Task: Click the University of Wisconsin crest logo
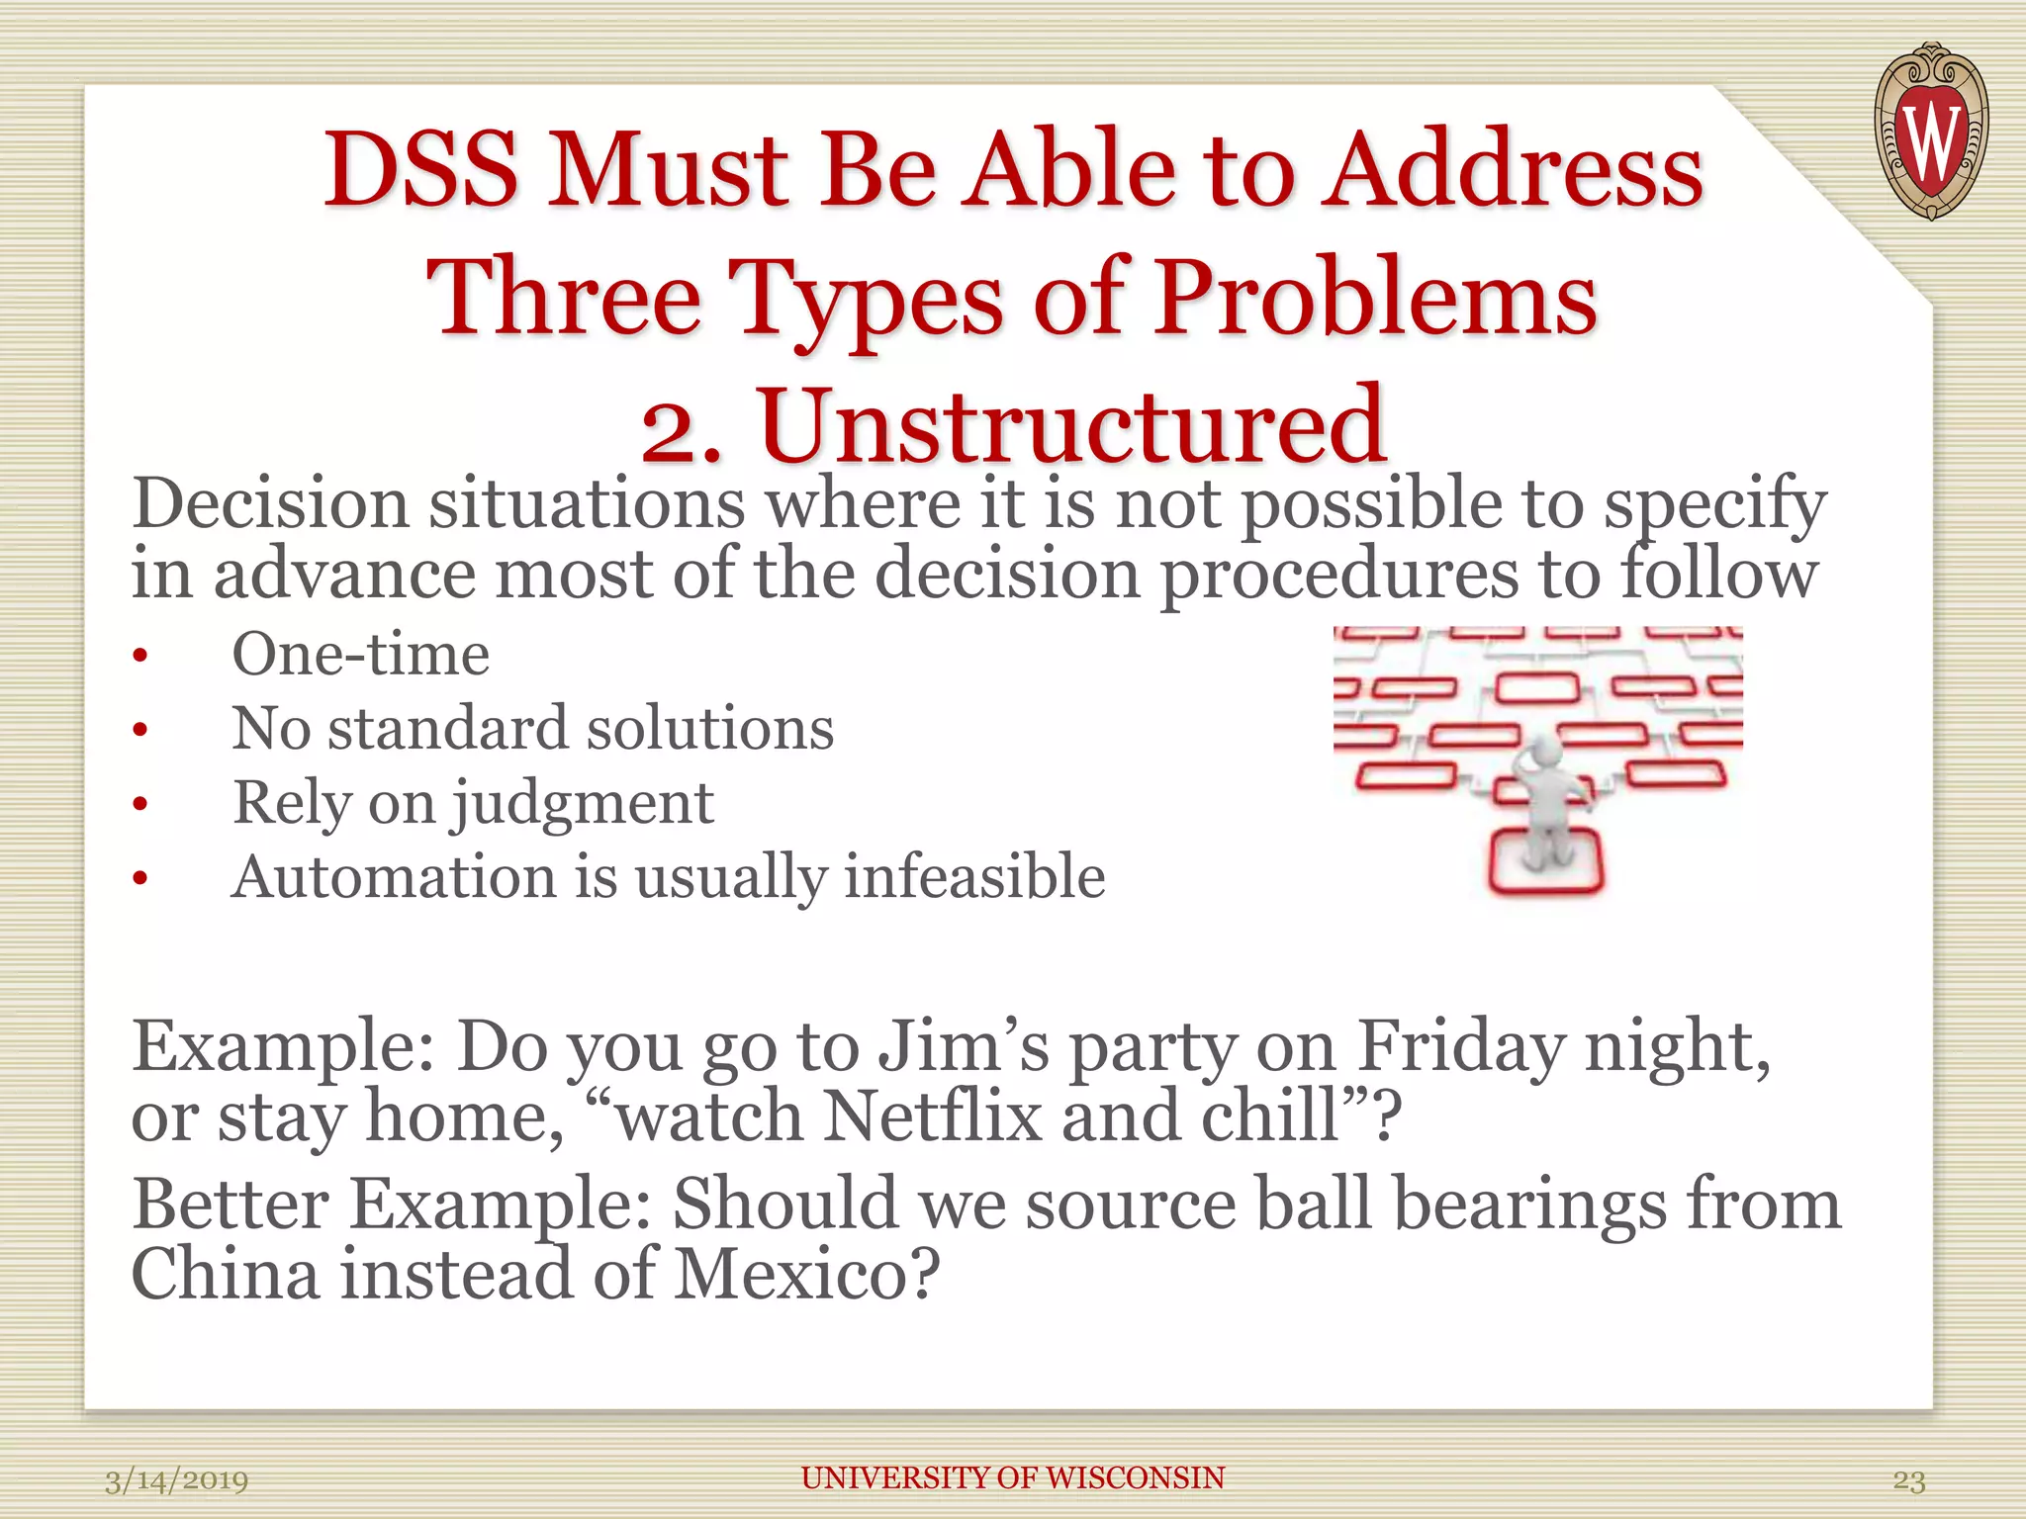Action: [x=1930, y=131]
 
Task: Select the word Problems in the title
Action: [x=1376, y=298]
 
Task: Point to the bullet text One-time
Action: [x=360, y=654]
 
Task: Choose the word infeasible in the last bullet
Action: [x=974, y=877]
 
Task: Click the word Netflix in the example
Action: [x=933, y=1117]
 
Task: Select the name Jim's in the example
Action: [x=964, y=1046]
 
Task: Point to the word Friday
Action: [x=1460, y=1046]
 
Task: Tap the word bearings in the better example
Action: [x=1529, y=1206]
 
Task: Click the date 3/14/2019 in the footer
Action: [x=176, y=1480]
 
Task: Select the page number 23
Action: [x=1908, y=1480]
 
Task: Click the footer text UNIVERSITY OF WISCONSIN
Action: [x=1012, y=1477]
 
